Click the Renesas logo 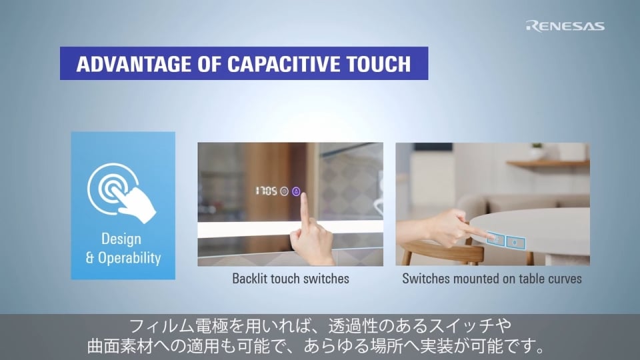pyautogui.click(x=565, y=26)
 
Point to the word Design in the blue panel pyautogui.click(x=121, y=239)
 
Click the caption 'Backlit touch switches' pyautogui.click(x=290, y=279)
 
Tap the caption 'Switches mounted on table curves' pyautogui.click(x=492, y=279)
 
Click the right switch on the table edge pyautogui.click(x=514, y=241)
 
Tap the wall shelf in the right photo pyautogui.click(x=547, y=163)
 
